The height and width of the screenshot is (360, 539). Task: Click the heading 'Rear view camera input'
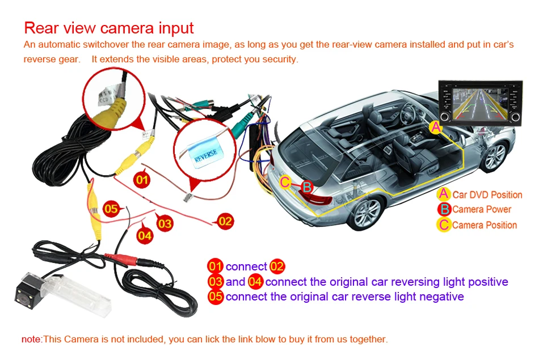pyautogui.click(x=109, y=28)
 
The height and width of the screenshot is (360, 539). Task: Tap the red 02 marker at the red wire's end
pyautogui.click(x=225, y=221)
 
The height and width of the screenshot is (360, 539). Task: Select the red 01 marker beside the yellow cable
pyautogui.click(x=142, y=180)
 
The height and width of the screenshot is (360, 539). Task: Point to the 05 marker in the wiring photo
pyautogui.click(x=111, y=209)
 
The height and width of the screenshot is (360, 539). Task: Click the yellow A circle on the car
pyautogui.click(x=436, y=128)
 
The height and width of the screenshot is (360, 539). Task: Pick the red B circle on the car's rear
pyautogui.click(x=306, y=186)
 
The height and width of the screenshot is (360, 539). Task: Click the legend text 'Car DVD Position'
pyautogui.click(x=487, y=194)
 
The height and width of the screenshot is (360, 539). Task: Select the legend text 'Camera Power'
pyautogui.click(x=481, y=209)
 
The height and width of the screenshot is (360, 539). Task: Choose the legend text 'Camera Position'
pyautogui.click(x=484, y=225)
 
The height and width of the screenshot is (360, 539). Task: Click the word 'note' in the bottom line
pyautogui.click(x=31, y=339)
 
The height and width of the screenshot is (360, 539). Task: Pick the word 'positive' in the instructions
pyautogui.click(x=486, y=282)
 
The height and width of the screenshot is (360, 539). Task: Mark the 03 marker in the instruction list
pyautogui.click(x=216, y=282)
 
